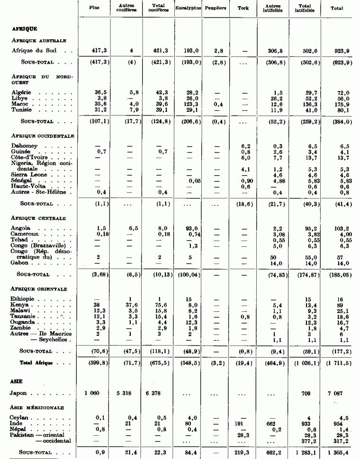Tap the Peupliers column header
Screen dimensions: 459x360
click(216, 9)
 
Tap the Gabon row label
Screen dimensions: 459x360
click(19, 262)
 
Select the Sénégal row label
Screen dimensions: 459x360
click(22, 180)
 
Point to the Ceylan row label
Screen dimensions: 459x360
click(20, 417)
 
